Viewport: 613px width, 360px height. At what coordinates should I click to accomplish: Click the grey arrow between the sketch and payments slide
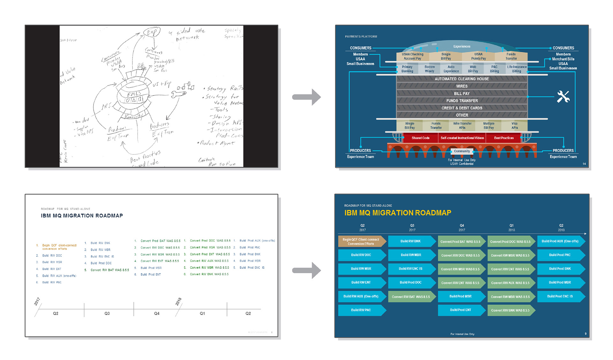[x=306, y=97]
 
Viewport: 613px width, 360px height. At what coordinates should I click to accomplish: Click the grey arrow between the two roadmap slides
[x=306, y=270]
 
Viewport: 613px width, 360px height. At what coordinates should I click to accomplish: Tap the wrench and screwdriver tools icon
[x=563, y=97]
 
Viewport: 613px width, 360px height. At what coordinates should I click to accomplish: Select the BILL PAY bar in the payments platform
[x=462, y=94]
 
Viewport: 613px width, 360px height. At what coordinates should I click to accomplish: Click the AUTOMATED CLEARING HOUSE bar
[x=462, y=79]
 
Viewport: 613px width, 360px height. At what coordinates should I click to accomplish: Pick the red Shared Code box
[x=420, y=138]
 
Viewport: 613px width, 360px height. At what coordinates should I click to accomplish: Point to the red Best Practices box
[x=504, y=138]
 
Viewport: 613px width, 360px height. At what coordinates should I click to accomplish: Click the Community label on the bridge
[x=462, y=151]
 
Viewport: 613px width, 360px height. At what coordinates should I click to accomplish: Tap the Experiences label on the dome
[x=462, y=47]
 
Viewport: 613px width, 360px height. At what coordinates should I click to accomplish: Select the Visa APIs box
[x=514, y=125]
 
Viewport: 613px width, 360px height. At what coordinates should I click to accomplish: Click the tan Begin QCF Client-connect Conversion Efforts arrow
[x=361, y=242]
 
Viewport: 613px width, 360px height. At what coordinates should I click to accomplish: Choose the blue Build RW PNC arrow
[x=361, y=310]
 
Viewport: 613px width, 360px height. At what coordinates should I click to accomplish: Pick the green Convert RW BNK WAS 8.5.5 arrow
[x=510, y=310]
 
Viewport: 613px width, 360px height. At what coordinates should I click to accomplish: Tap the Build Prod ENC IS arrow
[x=560, y=296]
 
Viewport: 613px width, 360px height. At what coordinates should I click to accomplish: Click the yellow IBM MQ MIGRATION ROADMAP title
[x=397, y=213]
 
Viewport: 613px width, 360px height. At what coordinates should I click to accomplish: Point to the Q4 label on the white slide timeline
[x=156, y=313]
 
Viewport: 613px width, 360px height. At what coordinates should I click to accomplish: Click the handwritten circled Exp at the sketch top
[x=152, y=32]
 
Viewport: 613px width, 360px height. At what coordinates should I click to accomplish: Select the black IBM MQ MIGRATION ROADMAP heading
[x=82, y=216]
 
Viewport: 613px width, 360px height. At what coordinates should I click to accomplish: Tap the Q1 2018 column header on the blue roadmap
[x=511, y=228]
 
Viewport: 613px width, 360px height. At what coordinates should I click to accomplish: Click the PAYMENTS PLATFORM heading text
[x=361, y=37]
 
